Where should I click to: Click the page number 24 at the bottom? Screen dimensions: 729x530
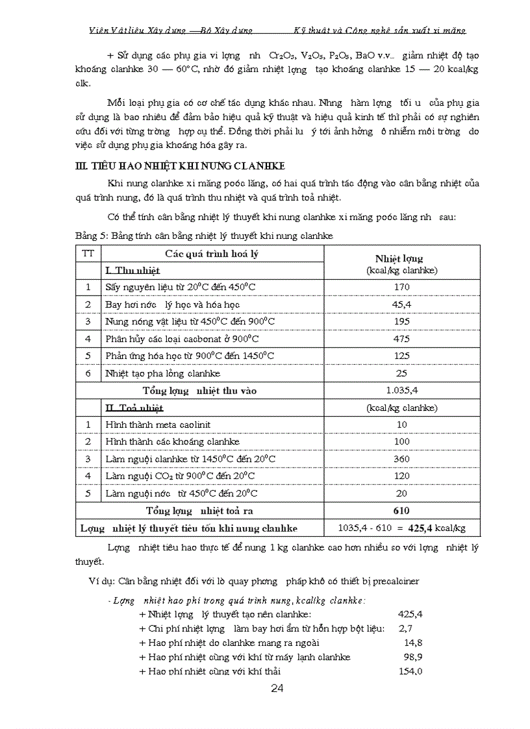point(277,689)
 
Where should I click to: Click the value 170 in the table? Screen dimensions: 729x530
point(402,286)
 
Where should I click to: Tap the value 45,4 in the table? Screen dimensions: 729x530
point(402,304)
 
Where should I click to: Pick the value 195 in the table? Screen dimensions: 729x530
point(402,321)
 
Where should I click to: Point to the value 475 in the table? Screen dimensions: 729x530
point(402,339)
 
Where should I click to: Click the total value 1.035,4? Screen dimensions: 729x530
point(402,391)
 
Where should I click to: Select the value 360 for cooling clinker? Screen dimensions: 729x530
point(402,459)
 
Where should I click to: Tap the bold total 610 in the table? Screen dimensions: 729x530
point(402,510)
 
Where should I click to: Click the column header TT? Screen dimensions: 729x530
point(87,254)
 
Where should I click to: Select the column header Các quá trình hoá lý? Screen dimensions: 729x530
point(212,254)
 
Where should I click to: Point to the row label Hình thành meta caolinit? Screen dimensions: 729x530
point(158,425)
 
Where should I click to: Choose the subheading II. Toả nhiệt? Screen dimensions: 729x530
point(134,408)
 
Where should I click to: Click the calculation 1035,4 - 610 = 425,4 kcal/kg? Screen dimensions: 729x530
point(402,528)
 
